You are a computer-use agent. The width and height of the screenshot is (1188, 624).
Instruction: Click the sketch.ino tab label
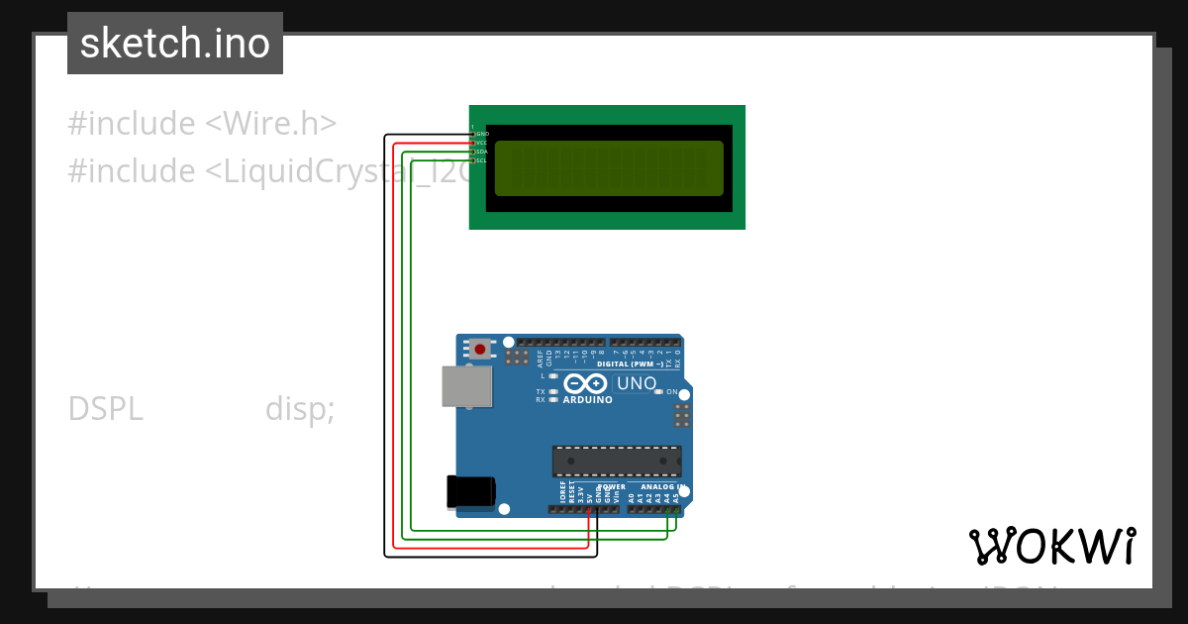pyautogui.click(x=175, y=44)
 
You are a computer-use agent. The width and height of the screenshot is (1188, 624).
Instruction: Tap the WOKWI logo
pyautogui.click(x=1052, y=546)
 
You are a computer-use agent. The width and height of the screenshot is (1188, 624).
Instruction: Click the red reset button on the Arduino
pyautogui.click(x=480, y=349)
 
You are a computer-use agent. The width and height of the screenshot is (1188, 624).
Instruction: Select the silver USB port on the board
pyautogui.click(x=466, y=386)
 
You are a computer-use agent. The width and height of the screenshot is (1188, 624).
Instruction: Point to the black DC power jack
pyautogui.click(x=470, y=491)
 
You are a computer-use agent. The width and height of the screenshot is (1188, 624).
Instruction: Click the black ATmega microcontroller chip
pyautogui.click(x=617, y=461)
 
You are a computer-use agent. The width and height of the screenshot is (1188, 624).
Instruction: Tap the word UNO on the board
pyautogui.click(x=637, y=383)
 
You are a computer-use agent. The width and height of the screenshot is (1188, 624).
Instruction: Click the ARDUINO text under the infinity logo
pyautogui.click(x=587, y=400)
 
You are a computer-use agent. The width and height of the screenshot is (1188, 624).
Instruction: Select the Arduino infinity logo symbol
pyautogui.click(x=585, y=383)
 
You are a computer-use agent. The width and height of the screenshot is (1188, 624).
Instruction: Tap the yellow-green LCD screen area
pyautogui.click(x=609, y=168)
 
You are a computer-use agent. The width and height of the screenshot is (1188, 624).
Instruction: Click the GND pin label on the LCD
pyautogui.click(x=483, y=133)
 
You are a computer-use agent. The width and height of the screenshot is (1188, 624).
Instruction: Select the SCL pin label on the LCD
pyautogui.click(x=482, y=160)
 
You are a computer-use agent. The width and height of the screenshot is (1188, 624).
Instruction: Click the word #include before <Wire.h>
pyautogui.click(x=132, y=124)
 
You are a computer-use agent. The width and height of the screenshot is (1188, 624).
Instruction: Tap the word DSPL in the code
pyautogui.click(x=106, y=409)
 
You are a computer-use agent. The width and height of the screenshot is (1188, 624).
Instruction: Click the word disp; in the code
pyautogui.click(x=299, y=409)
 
